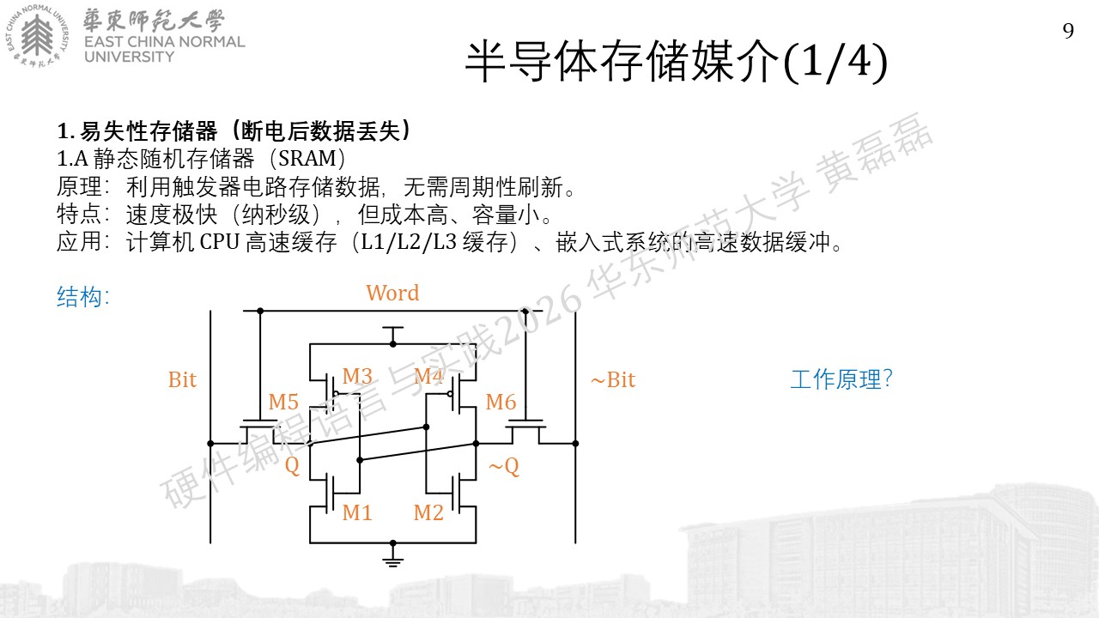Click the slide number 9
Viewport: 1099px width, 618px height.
click(x=1068, y=31)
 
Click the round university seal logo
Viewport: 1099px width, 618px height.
click(x=37, y=35)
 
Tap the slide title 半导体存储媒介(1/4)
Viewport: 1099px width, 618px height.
click(x=676, y=62)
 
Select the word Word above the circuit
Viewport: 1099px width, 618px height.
click(x=392, y=293)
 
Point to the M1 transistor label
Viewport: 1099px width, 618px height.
click(x=356, y=512)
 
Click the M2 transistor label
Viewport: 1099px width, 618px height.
click(x=428, y=512)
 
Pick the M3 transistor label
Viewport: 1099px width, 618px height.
click(x=357, y=376)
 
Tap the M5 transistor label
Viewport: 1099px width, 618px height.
click(x=283, y=403)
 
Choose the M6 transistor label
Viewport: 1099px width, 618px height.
click(x=501, y=403)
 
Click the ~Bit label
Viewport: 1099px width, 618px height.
click(x=613, y=379)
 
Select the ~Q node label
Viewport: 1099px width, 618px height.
click(x=504, y=466)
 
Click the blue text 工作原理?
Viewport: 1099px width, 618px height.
click(x=841, y=379)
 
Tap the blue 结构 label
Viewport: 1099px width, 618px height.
click(x=82, y=297)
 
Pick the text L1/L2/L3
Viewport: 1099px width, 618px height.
click(x=409, y=242)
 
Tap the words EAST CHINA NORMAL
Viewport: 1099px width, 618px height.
click(x=164, y=42)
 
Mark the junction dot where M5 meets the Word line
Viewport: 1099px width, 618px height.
click(x=260, y=311)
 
